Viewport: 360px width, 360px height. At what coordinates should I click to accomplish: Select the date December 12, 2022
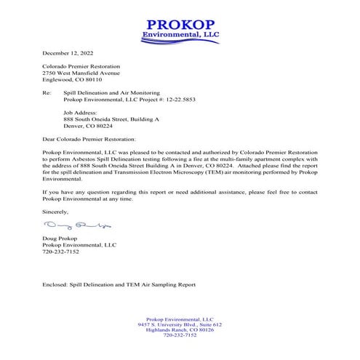68,53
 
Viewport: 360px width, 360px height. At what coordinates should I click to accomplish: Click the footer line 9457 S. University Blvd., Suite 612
180,324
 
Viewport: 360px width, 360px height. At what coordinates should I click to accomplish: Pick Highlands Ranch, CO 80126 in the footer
180,329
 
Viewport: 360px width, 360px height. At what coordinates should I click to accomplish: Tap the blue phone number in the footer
180,335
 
